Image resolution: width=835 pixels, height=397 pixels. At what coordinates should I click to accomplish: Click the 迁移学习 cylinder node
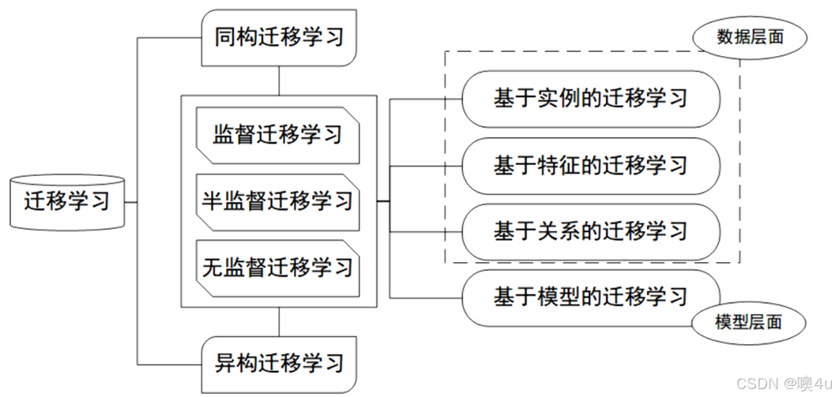tap(66, 201)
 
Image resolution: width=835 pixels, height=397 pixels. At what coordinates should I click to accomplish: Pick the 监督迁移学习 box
tap(278, 133)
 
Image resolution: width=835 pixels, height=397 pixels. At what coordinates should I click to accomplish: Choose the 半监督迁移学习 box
tap(278, 200)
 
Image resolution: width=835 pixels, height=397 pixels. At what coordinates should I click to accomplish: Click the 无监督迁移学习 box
tap(278, 267)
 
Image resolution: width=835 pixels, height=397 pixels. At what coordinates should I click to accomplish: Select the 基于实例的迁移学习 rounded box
tap(591, 99)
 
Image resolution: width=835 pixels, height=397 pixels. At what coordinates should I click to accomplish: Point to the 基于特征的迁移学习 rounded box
tap(591, 165)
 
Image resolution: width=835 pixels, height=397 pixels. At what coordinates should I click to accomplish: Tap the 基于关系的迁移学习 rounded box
tap(591, 231)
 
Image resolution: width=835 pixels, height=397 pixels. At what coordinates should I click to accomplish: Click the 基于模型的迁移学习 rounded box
tap(591, 297)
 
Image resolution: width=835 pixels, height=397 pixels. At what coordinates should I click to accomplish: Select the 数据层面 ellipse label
tap(750, 37)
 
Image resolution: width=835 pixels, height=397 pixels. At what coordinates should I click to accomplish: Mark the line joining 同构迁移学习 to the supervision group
tap(279, 81)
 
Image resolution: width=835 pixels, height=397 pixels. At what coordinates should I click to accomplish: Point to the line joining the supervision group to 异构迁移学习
tap(279, 321)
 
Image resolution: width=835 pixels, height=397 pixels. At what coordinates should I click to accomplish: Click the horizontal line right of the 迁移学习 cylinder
tap(131, 201)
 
